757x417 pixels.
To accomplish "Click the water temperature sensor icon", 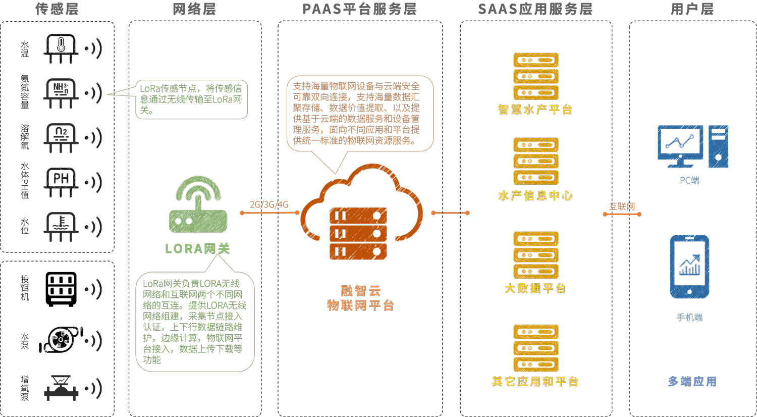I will click(x=61, y=48).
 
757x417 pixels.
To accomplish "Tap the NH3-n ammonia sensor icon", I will click(x=61, y=92).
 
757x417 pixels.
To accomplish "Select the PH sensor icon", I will click(x=61, y=182).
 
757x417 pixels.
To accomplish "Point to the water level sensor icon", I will click(x=61, y=226).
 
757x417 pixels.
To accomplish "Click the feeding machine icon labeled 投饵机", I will click(x=61, y=289).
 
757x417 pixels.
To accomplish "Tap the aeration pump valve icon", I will click(x=61, y=388).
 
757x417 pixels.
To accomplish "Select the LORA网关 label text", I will click(x=197, y=248).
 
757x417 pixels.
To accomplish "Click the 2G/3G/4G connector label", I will click(x=269, y=204).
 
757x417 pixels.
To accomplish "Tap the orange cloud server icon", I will click(x=361, y=212).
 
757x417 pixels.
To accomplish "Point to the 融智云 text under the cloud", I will click(x=360, y=291).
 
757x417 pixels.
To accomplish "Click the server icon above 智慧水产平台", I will click(x=535, y=76).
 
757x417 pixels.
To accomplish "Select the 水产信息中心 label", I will click(x=535, y=196).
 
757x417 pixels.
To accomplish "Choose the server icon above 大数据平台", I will click(x=535, y=255).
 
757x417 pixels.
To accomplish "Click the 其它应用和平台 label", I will click(x=535, y=382).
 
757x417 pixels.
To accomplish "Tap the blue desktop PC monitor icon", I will click(x=680, y=146).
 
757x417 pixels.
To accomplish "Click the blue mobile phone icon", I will click(x=689, y=267).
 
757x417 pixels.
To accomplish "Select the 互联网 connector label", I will click(x=622, y=206).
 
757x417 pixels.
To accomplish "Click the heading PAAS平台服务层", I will click(x=359, y=9).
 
